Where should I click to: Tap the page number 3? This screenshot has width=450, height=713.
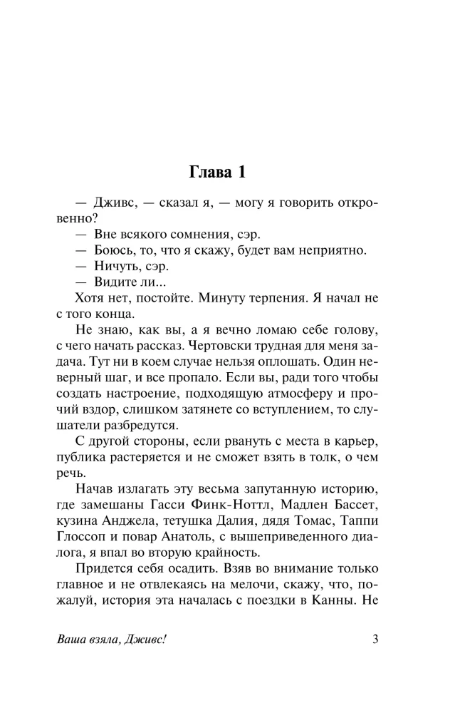(375, 639)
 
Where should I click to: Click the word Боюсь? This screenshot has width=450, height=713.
(113, 250)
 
